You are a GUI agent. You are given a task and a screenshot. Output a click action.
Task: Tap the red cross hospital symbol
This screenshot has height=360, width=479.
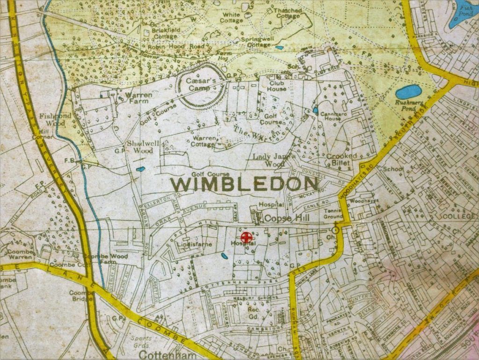click(245, 236)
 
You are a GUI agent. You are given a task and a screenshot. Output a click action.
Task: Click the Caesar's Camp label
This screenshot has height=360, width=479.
click(201, 84)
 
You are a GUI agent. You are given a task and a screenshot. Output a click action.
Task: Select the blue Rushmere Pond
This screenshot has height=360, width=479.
click(408, 92)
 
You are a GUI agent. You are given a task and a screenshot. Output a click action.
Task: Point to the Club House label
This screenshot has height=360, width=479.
click(277, 86)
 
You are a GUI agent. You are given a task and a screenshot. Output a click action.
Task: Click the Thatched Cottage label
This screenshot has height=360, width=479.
click(288, 13)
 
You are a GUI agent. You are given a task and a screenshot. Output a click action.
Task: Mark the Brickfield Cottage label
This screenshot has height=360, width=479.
click(165, 34)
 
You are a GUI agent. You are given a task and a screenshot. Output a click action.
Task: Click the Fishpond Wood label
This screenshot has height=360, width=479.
click(55, 119)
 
